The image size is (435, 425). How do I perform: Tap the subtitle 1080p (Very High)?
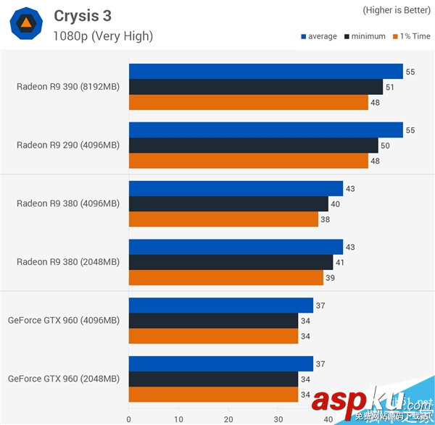click(x=103, y=35)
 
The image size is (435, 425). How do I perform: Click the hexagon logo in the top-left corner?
click(x=25, y=25)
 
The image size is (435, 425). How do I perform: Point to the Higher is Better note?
click(x=396, y=11)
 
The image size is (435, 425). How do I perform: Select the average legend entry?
click(x=318, y=36)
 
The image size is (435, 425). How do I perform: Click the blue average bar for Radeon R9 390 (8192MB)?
click(x=265, y=71)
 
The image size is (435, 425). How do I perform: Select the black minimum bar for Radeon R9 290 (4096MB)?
click(x=253, y=146)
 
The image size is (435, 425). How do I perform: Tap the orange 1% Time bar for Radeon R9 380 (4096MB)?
click(x=223, y=219)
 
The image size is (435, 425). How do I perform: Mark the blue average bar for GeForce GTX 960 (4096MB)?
click(x=220, y=306)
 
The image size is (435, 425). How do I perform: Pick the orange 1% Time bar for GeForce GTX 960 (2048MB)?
click(x=213, y=395)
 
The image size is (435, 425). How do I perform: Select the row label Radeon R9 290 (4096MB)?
click(x=68, y=145)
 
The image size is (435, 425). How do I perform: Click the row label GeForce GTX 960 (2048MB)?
click(x=64, y=378)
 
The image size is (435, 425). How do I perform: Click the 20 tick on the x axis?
click(x=228, y=419)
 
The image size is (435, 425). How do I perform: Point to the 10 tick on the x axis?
click(x=178, y=419)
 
